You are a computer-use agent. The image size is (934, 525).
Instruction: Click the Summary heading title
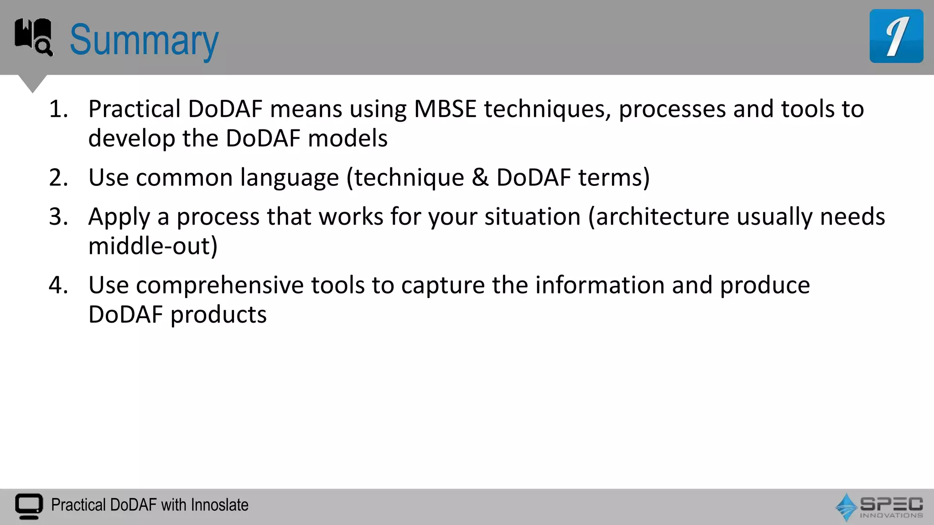pos(144,40)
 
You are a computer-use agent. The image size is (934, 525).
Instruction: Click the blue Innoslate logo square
pos(896,36)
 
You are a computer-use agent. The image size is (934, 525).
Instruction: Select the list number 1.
pos(58,109)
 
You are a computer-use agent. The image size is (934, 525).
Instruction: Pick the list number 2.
pos(58,178)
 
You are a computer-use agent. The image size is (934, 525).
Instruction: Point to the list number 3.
pos(58,217)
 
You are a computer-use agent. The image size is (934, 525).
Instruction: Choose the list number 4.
pos(58,285)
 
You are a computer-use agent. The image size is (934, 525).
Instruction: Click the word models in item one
pos(348,139)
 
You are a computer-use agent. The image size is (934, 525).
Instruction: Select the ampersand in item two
pos(480,178)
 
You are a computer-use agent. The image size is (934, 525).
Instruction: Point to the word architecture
pos(662,217)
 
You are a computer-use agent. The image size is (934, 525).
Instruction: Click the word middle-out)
pos(153,246)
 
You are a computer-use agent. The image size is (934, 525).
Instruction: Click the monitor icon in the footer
pos(29,506)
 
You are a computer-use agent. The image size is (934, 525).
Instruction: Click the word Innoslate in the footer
pos(220,505)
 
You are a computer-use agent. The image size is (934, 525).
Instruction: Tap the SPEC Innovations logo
pos(879,507)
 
